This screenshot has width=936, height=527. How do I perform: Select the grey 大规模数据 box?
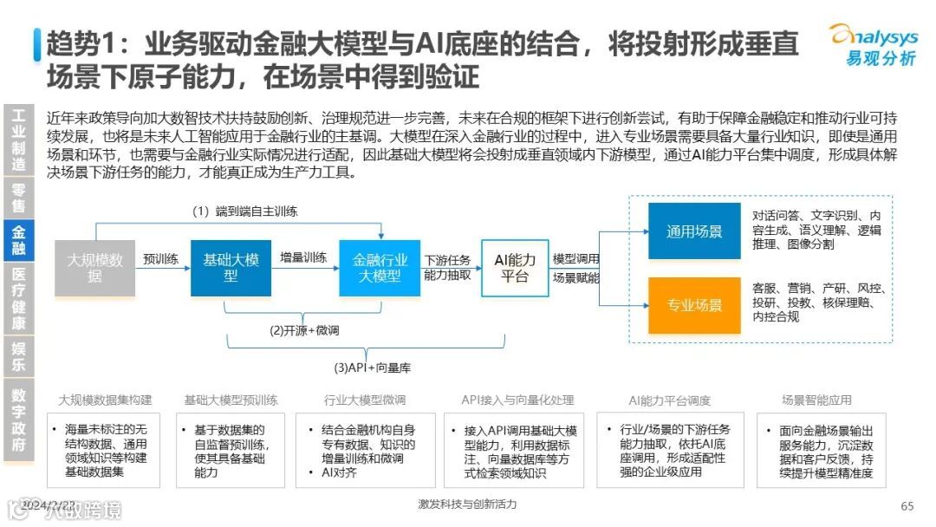point(94,267)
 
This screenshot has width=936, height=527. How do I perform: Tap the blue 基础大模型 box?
point(231,267)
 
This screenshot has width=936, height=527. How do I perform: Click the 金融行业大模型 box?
point(380,267)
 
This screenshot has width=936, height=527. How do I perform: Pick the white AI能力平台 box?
point(515,267)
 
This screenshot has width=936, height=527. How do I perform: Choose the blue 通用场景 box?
point(694,231)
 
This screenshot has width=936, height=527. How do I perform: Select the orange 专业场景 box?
point(694,305)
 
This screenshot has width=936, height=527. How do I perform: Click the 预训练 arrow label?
point(161,259)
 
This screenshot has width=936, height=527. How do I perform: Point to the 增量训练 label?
point(303,257)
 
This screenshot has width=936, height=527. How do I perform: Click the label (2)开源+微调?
point(304,330)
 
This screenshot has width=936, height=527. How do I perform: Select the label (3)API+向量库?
point(373,368)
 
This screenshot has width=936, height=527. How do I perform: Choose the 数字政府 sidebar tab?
point(18,420)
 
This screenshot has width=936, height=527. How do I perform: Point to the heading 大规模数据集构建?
point(105,400)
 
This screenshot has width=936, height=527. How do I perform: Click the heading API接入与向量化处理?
point(517,400)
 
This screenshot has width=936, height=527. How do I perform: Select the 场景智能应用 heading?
point(816,400)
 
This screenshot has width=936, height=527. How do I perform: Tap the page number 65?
point(907,506)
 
